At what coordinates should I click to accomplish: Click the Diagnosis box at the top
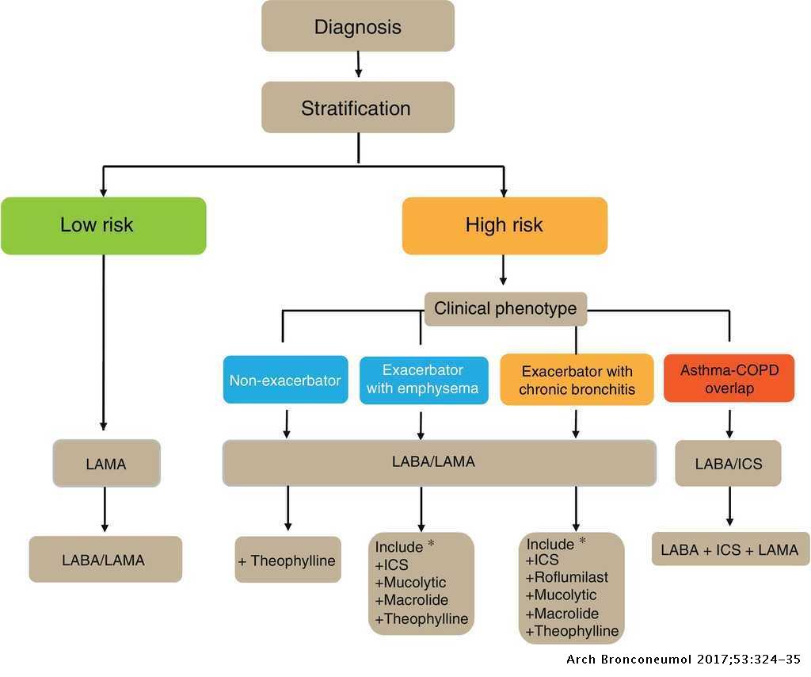358,26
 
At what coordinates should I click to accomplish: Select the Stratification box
358,107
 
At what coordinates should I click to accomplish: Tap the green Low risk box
103,226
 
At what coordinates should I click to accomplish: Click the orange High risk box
504,226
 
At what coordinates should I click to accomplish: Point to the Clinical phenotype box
505,308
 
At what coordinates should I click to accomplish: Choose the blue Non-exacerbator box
285,380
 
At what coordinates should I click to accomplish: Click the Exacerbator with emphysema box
424,380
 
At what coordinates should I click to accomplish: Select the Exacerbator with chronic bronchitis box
577,380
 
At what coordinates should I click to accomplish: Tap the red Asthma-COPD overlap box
729,379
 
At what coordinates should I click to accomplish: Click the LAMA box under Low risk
106,464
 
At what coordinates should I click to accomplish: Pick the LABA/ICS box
729,463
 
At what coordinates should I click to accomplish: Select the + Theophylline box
287,560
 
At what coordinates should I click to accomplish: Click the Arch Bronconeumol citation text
686,660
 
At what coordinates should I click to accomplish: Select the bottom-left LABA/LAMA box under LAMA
105,560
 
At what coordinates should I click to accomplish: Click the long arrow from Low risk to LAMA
104,341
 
